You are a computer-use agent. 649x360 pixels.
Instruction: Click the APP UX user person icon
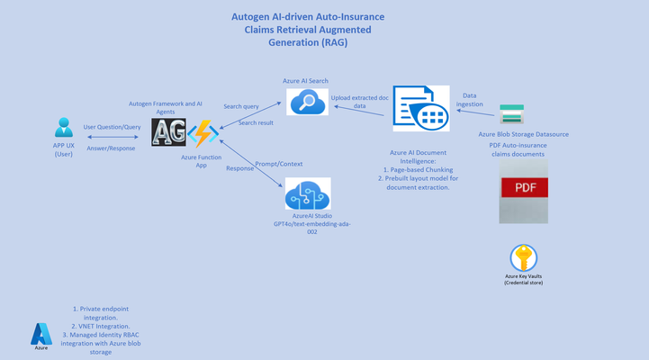click(x=64, y=128)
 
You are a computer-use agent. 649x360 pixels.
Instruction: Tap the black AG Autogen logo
click(x=168, y=132)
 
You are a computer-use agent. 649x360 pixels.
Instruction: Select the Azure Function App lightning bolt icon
click(x=203, y=133)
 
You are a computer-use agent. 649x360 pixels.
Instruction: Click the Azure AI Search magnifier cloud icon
click(x=307, y=102)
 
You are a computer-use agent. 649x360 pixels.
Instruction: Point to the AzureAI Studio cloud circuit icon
click(x=308, y=193)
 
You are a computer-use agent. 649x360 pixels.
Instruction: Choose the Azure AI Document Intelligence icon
click(x=421, y=108)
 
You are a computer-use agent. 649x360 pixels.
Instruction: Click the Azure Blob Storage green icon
click(x=511, y=114)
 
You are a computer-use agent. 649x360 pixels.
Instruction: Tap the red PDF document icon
click(x=524, y=191)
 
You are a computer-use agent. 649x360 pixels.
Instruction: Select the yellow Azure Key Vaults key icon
click(x=524, y=257)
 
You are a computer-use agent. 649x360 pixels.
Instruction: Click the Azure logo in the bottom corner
click(x=41, y=334)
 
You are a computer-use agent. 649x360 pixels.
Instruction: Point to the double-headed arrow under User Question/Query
click(x=113, y=137)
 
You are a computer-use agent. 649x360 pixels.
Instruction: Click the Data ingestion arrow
click(x=475, y=112)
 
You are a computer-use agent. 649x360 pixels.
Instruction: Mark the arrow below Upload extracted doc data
click(x=359, y=111)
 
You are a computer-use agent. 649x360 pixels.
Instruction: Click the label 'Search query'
click(x=241, y=106)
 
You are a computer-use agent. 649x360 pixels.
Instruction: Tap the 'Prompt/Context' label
click(x=278, y=164)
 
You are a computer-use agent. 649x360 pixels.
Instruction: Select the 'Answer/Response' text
click(x=111, y=148)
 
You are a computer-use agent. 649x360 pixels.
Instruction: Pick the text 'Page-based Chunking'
click(x=421, y=170)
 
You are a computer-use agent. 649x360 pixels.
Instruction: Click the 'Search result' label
click(x=256, y=123)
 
